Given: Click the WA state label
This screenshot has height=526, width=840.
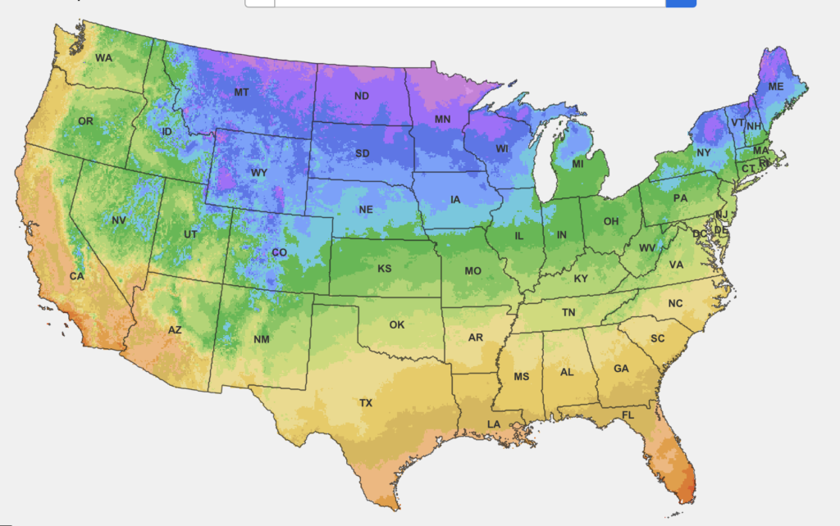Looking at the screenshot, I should coord(103,58).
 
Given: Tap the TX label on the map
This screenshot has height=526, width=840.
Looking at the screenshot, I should coord(366,403).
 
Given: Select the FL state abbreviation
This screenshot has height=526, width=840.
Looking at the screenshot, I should coord(628,415).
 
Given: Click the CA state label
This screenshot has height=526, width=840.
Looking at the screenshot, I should coord(76,277).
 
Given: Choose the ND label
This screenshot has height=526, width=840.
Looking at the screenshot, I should coord(361,97).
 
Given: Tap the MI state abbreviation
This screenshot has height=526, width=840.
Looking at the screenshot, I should coord(577,165).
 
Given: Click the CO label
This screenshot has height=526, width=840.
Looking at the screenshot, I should coord(279,253).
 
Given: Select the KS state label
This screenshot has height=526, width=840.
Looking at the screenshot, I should coord(385,269).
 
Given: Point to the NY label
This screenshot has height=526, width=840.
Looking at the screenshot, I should coord(704,153).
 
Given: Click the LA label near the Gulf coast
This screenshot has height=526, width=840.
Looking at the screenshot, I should coord(494,424).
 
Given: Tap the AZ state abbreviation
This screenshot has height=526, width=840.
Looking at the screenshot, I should coord(175,330).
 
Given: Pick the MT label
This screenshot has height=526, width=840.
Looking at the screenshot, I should coord(241,93).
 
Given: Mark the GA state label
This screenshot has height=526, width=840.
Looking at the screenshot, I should coord(621,369).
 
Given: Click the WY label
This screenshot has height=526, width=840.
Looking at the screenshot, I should coord(258,173).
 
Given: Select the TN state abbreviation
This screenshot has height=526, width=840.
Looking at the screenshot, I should coord(568,313).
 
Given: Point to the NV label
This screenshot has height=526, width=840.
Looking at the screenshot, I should coord(118,220).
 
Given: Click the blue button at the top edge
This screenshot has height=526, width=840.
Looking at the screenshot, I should coord(681,3).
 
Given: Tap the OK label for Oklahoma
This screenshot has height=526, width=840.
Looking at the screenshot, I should coord(397,324).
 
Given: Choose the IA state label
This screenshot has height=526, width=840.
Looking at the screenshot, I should coord(454,200).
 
